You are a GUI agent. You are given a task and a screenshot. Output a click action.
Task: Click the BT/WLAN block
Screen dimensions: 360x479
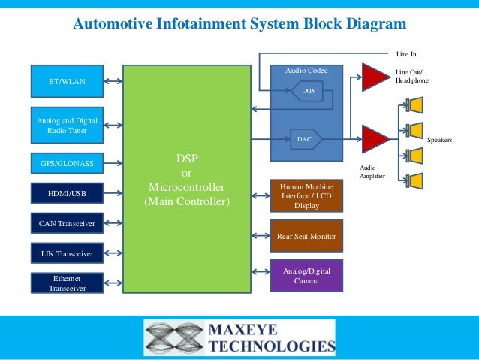pyautogui.click(x=68, y=81)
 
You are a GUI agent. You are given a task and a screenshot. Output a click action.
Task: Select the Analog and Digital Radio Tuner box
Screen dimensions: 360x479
pyautogui.click(x=68, y=125)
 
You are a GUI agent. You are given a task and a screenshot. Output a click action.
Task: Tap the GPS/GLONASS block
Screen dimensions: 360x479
pyautogui.click(x=68, y=162)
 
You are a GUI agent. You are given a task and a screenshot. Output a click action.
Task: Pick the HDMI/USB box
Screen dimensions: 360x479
pyautogui.click(x=68, y=194)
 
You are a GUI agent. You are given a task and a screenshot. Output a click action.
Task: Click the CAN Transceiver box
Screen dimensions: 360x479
pyautogui.click(x=68, y=223)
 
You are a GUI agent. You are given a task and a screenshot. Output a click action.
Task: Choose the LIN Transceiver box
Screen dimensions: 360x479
pyautogui.click(x=68, y=253)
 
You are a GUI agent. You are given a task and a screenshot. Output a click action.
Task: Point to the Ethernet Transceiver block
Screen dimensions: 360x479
pyautogui.click(x=68, y=283)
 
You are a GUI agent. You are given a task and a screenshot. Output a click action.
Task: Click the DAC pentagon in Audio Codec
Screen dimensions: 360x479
pyautogui.click(x=306, y=139)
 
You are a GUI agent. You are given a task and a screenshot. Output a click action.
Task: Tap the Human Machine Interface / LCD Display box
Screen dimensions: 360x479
pyautogui.click(x=306, y=195)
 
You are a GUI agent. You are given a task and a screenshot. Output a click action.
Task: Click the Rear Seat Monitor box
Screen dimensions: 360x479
pyautogui.click(x=306, y=236)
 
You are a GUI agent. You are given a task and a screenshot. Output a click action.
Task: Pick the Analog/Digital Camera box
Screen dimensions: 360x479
pyautogui.click(x=306, y=275)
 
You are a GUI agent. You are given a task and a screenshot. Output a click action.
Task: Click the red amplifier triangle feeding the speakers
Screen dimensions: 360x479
pyautogui.click(x=374, y=139)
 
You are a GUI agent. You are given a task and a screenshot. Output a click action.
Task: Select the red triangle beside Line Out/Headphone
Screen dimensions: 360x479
pyautogui.click(x=374, y=77)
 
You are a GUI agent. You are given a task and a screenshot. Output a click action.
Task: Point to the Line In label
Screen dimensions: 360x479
pyautogui.click(x=406, y=54)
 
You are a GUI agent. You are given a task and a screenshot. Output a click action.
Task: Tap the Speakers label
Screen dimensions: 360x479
pyautogui.click(x=440, y=141)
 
